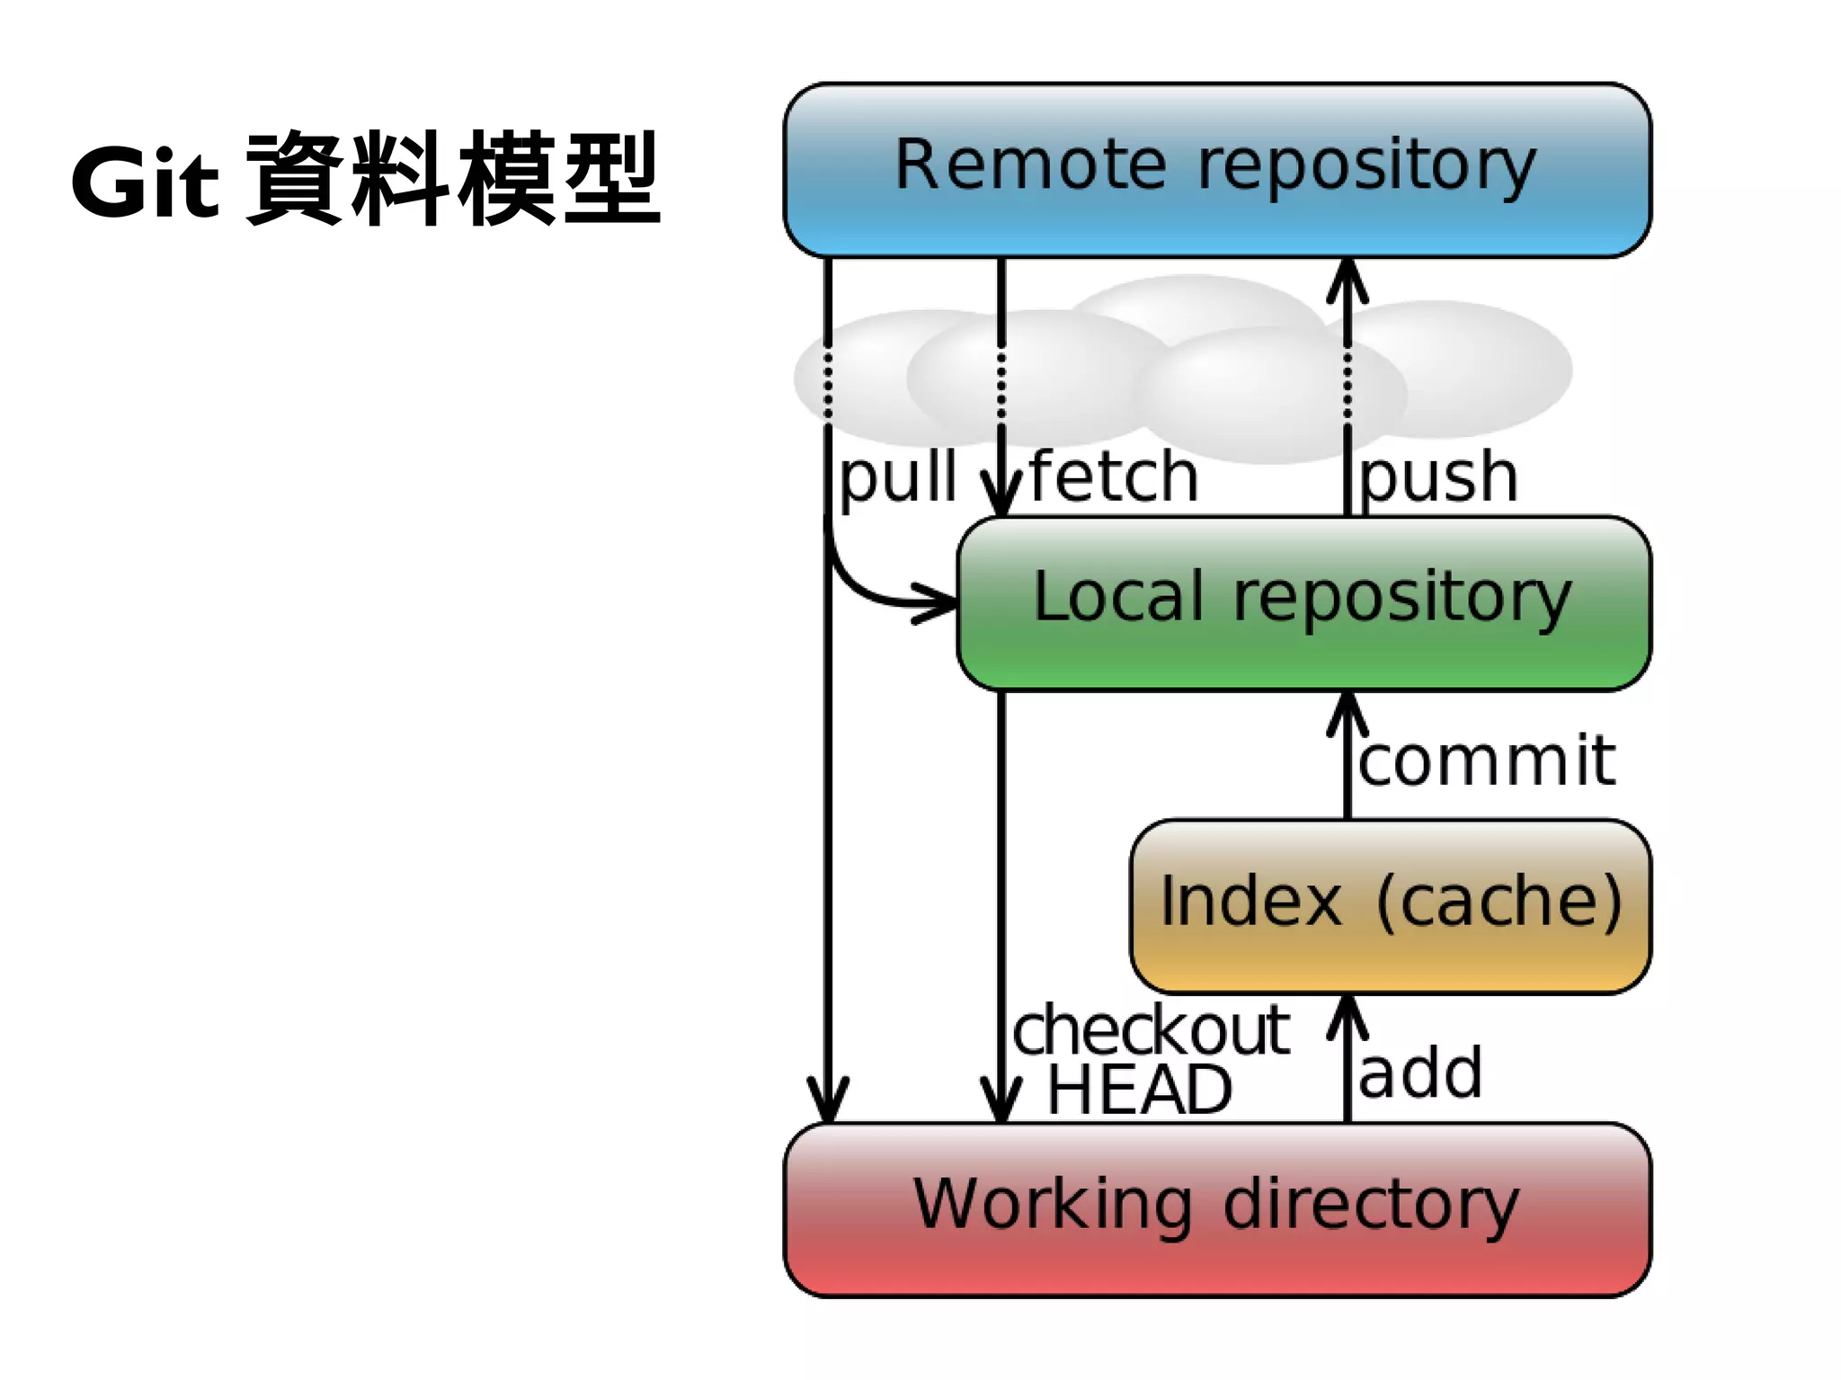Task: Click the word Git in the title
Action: (x=144, y=183)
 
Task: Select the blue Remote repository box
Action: (x=1216, y=168)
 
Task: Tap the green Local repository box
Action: (x=1303, y=601)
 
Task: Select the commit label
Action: (x=1486, y=761)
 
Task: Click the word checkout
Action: (x=1152, y=1031)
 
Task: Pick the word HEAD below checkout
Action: (x=1139, y=1091)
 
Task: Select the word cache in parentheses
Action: (x=1499, y=902)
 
